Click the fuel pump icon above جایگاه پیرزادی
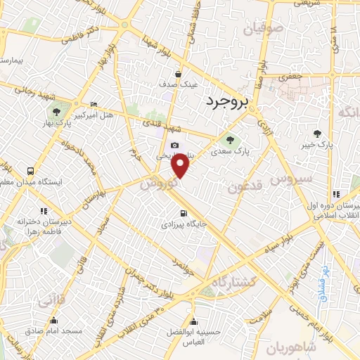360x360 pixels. coord(184,214)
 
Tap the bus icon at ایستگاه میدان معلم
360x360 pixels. coord(30,170)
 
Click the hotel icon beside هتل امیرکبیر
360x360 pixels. coord(95,104)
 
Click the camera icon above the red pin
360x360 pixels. coord(175,145)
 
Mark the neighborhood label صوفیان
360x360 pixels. coord(264,30)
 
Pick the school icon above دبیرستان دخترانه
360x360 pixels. coord(44,210)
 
